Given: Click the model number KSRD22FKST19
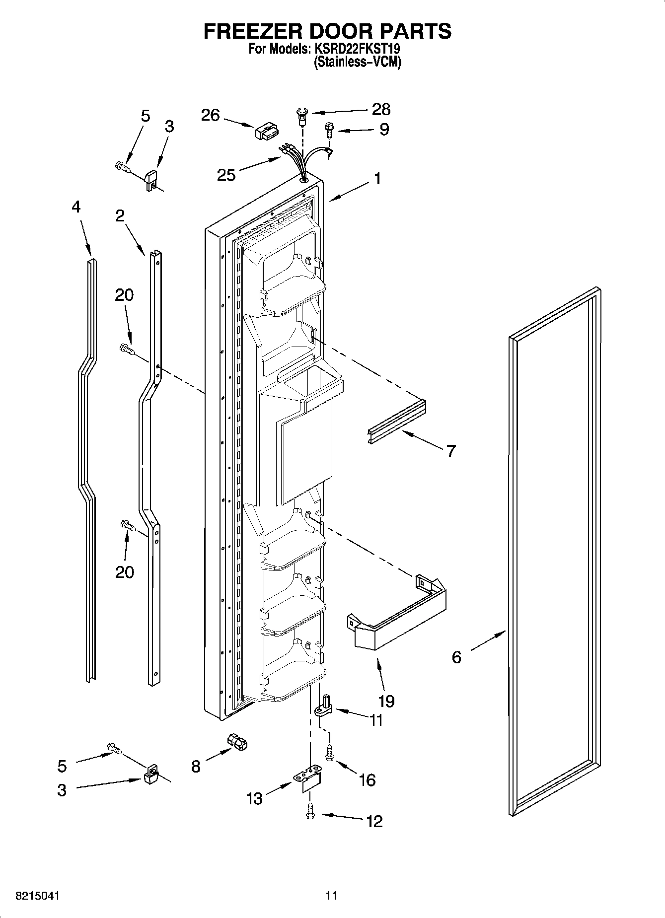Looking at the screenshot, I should click(x=357, y=49).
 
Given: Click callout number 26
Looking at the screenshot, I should click(x=210, y=115).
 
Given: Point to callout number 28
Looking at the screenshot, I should click(x=381, y=109).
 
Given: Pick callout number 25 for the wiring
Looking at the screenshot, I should click(x=226, y=175).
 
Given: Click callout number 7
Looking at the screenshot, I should click(x=450, y=451).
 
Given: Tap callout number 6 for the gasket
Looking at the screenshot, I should click(x=456, y=657).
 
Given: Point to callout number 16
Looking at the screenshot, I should click(x=367, y=780).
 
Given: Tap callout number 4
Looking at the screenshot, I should click(x=75, y=207).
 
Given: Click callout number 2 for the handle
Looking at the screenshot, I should click(x=120, y=216).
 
